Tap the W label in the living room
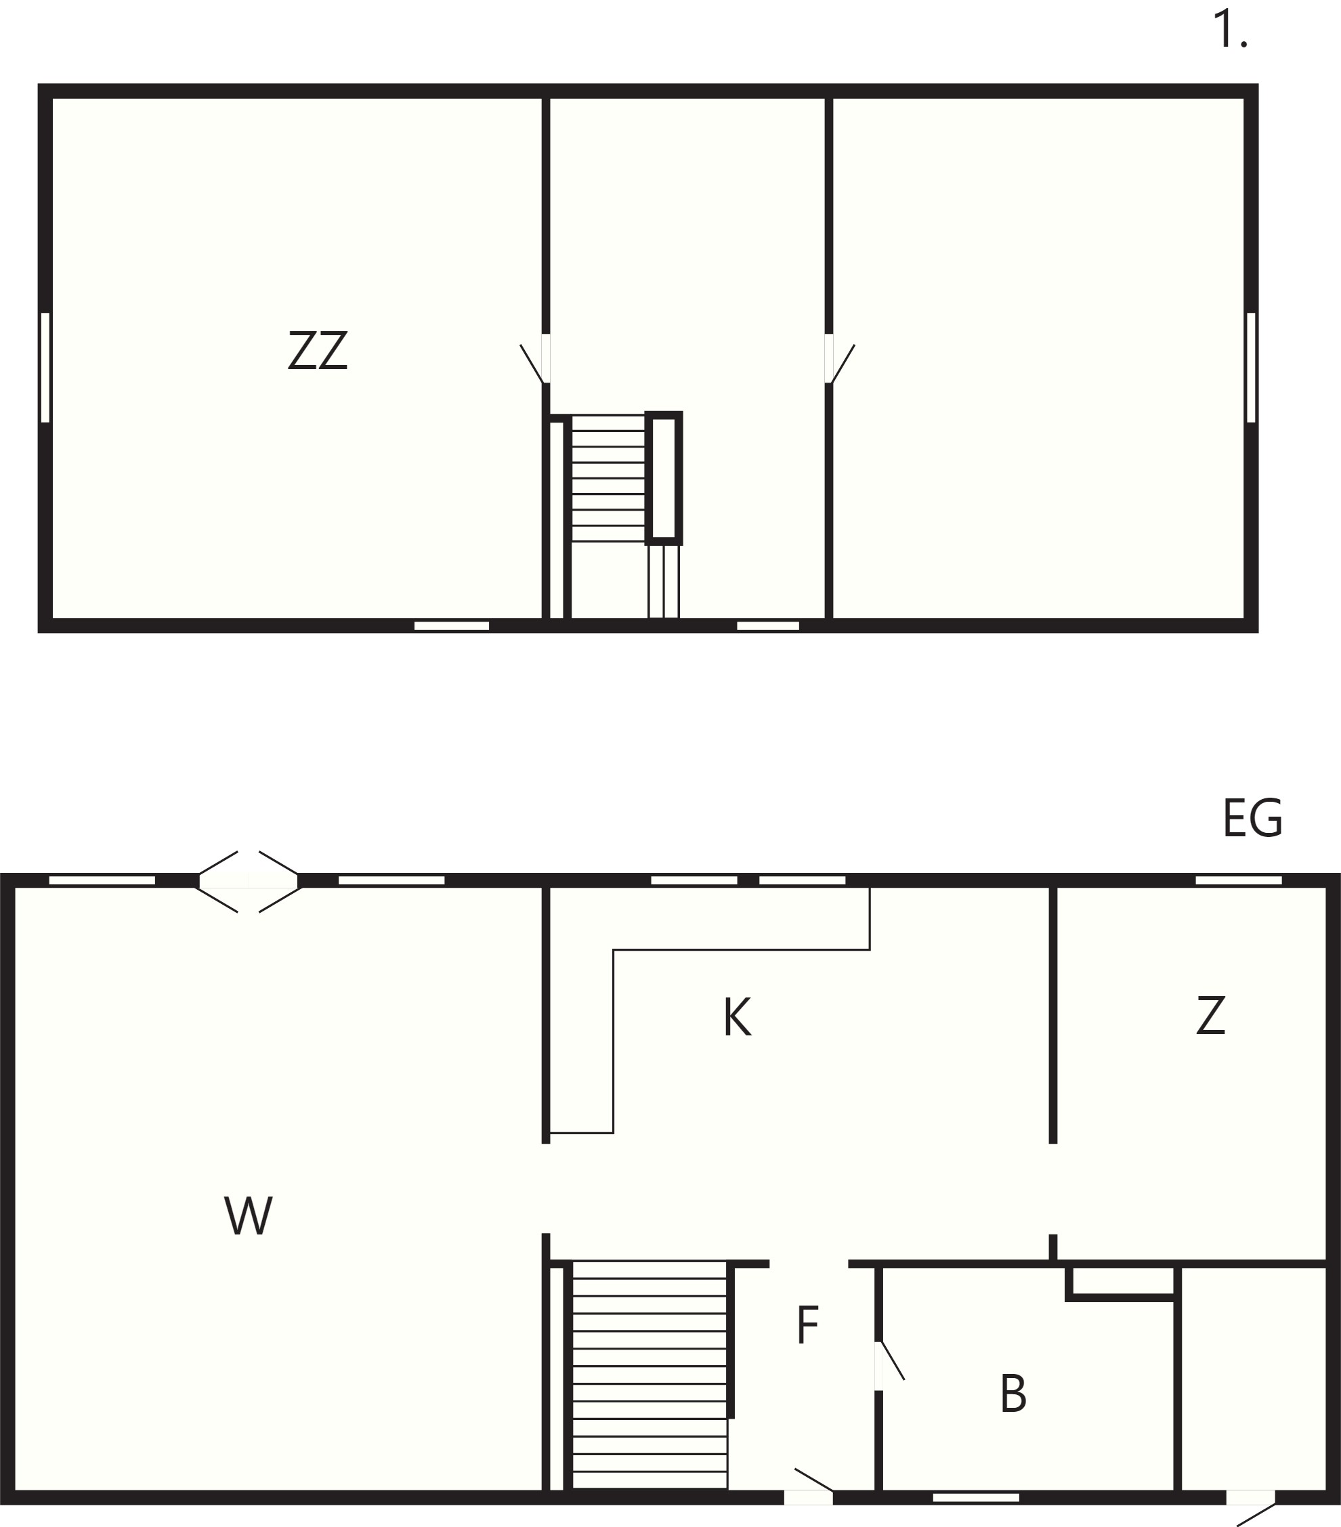249,1216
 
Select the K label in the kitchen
737,1016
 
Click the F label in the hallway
807,1325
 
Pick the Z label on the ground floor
1210,1014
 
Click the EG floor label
1253,818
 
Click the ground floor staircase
650,1375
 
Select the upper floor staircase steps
608,478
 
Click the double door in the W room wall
249,882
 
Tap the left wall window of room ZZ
45,367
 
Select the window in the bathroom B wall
976,1497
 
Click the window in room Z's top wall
1239,880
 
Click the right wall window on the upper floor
1252,367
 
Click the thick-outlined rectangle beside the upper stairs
664,478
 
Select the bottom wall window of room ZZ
452,625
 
